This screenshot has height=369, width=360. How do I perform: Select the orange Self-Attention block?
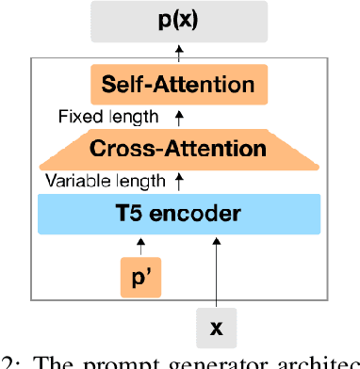pos(179,85)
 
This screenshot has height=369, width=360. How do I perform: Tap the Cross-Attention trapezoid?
pos(179,148)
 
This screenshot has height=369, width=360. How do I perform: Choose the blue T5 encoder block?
pos(179,213)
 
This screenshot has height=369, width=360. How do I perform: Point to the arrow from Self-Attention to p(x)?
pos(180,54)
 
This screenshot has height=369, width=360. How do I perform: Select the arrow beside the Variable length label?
pos(180,180)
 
